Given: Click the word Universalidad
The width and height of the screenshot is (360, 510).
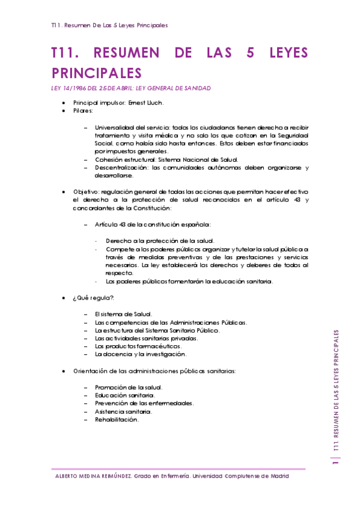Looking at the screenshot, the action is (x=114, y=127).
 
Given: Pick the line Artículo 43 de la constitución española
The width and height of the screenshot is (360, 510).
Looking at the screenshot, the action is (x=153, y=224).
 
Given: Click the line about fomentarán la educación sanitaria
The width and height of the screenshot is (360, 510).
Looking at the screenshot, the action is (x=189, y=281).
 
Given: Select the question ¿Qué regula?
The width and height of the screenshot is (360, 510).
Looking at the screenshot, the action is (x=93, y=298).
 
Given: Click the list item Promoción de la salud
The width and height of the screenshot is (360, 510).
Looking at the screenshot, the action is (x=129, y=387).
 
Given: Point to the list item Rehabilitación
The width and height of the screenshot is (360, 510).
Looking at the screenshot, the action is (x=117, y=419).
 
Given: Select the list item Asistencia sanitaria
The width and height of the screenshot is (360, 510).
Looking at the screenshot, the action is (x=123, y=411).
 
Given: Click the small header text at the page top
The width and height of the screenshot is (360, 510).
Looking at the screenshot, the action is (x=109, y=26).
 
